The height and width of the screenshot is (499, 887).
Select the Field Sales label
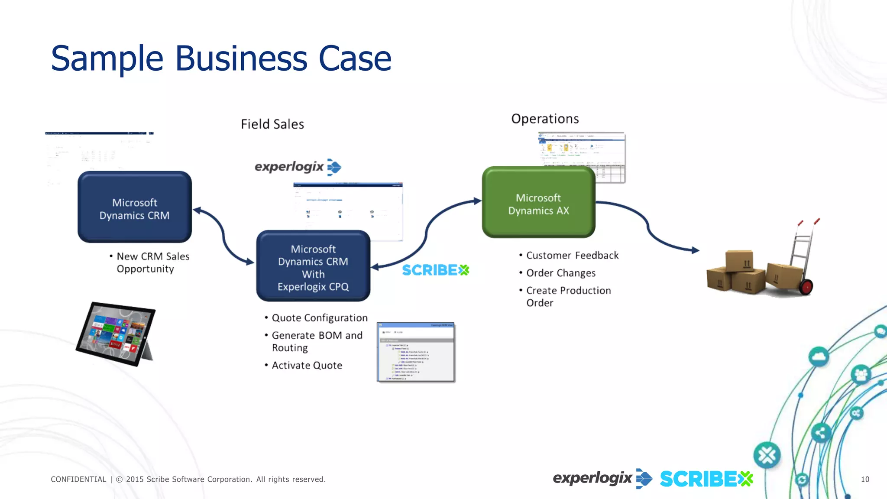pos(272,124)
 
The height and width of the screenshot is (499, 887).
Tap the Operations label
pos(545,119)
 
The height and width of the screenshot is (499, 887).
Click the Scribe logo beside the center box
pos(435,270)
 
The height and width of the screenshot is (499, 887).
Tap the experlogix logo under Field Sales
pos(298,167)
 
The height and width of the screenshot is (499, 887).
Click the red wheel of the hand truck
pos(806,287)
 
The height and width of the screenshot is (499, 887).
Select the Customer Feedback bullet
pos(572,256)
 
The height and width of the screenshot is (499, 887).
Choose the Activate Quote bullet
pos(307,366)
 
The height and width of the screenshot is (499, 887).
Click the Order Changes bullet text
pos(561,273)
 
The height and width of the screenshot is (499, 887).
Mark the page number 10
pos(865,479)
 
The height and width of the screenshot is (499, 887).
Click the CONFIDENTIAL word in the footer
pos(78,479)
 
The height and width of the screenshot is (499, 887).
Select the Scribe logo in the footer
pos(706,479)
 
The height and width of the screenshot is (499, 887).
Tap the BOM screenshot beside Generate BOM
pos(415,352)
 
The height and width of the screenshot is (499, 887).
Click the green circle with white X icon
pos(767,455)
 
